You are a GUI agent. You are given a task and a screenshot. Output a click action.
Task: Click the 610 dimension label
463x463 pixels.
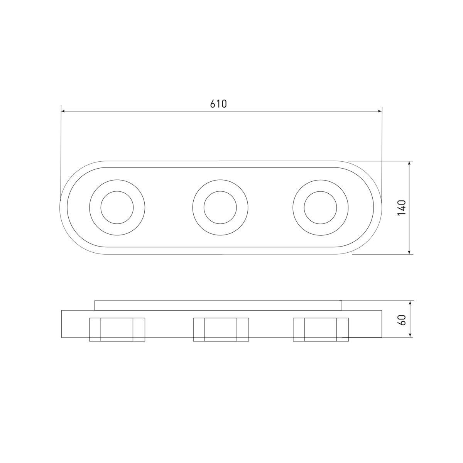coord(218,103)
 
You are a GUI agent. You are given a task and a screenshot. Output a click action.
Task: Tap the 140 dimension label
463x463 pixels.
coord(402,208)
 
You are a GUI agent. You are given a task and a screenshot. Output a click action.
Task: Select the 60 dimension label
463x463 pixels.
coord(402,320)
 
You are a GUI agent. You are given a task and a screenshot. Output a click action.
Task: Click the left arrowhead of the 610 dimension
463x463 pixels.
coord(63,111)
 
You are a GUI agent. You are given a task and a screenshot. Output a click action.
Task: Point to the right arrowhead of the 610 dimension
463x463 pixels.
coord(380,111)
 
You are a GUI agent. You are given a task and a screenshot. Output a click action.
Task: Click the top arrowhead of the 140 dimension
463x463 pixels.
coord(410,163)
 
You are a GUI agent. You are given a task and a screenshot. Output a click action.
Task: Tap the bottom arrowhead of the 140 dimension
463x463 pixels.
coord(410,252)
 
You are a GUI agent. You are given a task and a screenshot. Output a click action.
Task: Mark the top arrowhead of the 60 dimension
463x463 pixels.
coord(410,302)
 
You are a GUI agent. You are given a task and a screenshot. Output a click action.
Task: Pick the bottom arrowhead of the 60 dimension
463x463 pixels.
coord(410,335)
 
